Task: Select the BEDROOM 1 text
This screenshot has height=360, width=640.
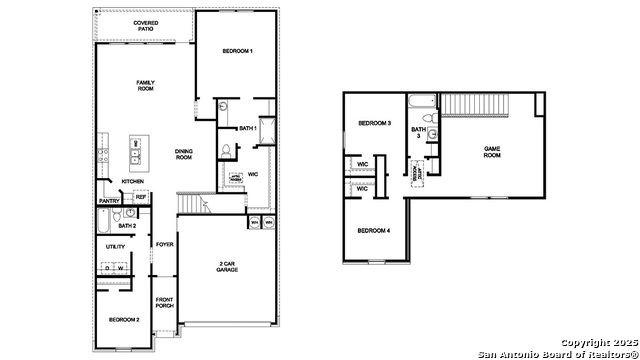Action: tap(237, 51)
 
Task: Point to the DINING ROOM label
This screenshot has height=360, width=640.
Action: tap(183, 153)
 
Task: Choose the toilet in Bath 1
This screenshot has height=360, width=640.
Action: tap(226, 150)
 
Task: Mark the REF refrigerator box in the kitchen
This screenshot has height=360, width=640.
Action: tap(141, 197)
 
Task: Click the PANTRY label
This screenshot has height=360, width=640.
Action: tap(109, 200)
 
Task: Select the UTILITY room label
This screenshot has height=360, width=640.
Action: tap(115, 246)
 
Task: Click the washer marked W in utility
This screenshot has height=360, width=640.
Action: tap(121, 268)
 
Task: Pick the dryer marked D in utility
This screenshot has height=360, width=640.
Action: tap(107, 268)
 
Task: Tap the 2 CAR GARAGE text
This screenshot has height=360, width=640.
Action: tap(227, 267)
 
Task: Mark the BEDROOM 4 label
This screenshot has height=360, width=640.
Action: tap(374, 231)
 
